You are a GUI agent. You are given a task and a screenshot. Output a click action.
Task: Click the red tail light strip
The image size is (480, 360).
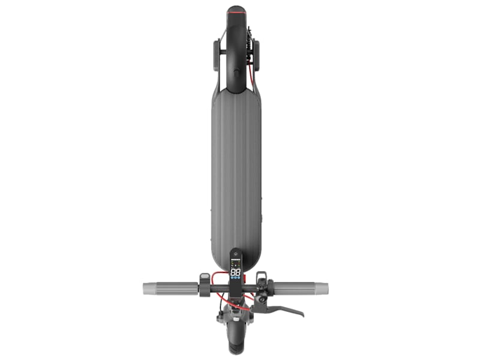236,11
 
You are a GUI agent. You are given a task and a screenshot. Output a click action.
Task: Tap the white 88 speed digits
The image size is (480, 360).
235,273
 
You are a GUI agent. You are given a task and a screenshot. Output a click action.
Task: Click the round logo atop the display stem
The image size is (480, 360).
235,254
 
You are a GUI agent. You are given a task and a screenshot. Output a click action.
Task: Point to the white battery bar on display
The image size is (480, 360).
235,266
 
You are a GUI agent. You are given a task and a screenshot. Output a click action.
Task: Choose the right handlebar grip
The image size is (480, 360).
300,288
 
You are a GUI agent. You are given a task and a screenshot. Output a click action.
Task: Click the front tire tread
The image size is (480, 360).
235,347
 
